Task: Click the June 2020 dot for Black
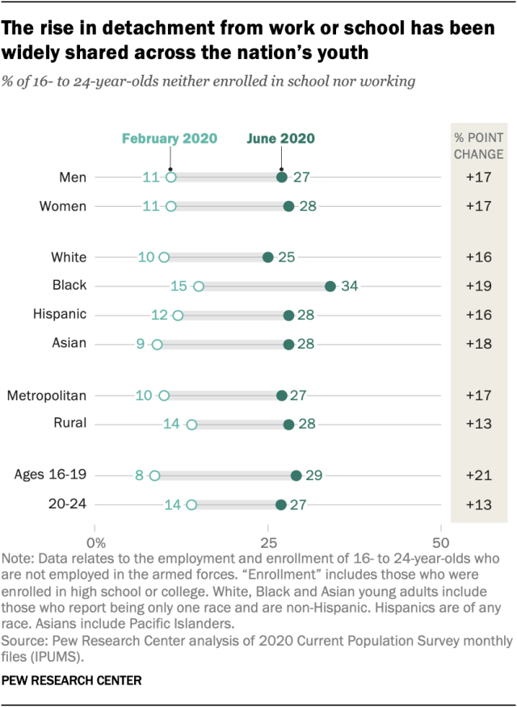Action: point(330,286)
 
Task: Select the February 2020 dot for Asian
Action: point(157,344)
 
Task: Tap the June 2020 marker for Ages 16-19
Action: point(296,476)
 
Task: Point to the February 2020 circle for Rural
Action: point(191,425)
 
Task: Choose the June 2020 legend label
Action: point(281,138)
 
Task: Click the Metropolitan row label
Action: point(47,395)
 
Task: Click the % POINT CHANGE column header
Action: point(477,145)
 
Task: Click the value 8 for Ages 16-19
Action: point(139,476)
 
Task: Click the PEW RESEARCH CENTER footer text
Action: point(73,680)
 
